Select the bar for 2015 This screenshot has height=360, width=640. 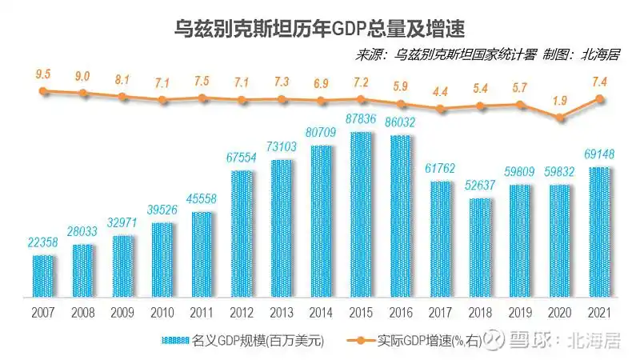click(361, 214)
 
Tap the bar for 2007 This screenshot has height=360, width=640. click(44, 274)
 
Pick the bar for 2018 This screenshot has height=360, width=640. click(480, 246)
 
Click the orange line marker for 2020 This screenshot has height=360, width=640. click(560, 118)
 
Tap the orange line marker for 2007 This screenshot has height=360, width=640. click(44, 91)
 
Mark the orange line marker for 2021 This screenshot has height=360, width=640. click(599, 99)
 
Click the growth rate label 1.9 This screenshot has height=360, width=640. click(560, 100)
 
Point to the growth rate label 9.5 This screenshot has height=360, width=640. click(43, 74)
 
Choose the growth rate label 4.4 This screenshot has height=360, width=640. click(440, 91)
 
